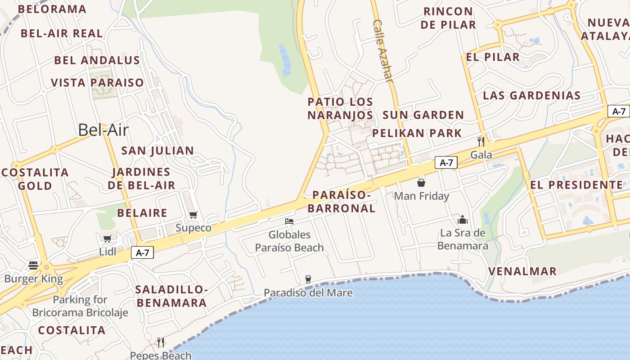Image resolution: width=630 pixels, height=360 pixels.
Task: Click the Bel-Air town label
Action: click(x=103, y=130)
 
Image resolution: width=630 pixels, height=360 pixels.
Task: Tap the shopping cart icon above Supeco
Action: click(x=193, y=215)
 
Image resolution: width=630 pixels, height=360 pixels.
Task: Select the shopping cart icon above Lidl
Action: click(x=107, y=238)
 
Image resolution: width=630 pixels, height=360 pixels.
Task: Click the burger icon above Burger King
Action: click(x=33, y=265)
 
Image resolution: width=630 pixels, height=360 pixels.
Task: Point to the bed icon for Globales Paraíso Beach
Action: click(x=289, y=221)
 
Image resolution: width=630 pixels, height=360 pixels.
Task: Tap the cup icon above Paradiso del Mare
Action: click(x=308, y=279)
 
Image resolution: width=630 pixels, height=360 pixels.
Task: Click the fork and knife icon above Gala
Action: click(x=481, y=141)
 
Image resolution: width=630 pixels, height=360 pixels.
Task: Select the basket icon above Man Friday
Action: click(x=421, y=182)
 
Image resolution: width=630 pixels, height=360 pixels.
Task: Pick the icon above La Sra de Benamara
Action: click(x=463, y=220)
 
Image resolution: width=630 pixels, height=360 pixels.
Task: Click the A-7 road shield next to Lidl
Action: click(x=143, y=253)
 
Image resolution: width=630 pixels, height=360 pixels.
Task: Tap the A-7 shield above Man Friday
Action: click(x=446, y=162)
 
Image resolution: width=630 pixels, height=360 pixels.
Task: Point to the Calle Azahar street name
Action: click(x=383, y=50)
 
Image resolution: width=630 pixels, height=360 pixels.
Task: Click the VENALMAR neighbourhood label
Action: click(x=522, y=271)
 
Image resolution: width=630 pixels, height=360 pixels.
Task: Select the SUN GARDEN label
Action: click(x=423, y=115)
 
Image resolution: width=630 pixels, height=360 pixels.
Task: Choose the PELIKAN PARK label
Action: click(x=417, y=133)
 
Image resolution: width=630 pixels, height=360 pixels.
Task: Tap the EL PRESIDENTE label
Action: click(x=576, y=185)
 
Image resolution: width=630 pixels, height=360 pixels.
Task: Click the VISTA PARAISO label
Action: click(x=97, y=83)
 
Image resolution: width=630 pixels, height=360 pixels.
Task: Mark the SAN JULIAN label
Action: click(x=157, y=151)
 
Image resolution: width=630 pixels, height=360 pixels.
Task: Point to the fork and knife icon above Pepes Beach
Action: click(x=161, y=342)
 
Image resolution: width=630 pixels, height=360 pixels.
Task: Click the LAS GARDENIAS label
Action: click(x=531, y=95)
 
